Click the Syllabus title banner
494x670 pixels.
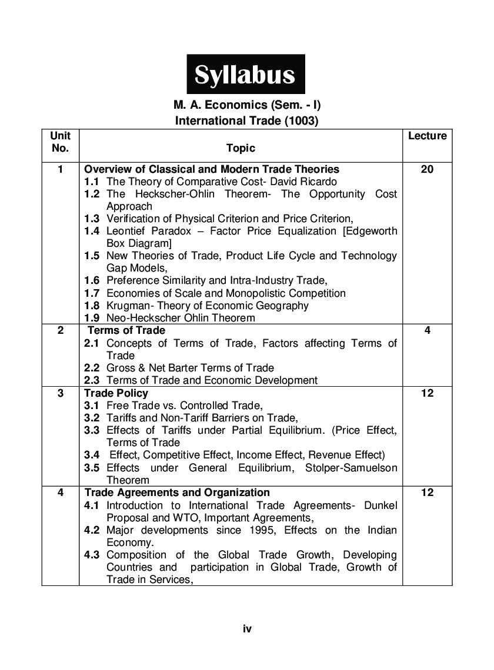[245, 75]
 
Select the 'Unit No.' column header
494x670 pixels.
[60, 142]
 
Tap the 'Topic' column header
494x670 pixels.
[241, 148]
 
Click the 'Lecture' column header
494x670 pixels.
[427, 136]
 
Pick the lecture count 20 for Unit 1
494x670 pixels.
[427, 169]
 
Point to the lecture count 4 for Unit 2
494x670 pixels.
[427, 330]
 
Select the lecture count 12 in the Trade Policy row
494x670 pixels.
[427, 393]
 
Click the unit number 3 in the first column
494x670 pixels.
[60, 393]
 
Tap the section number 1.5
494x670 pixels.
[91, 256]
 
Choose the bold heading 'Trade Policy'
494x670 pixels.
[116, 393]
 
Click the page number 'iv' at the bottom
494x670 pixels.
[247, 629]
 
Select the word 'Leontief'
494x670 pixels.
[126, 231]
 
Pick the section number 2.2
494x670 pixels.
[91, 368]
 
